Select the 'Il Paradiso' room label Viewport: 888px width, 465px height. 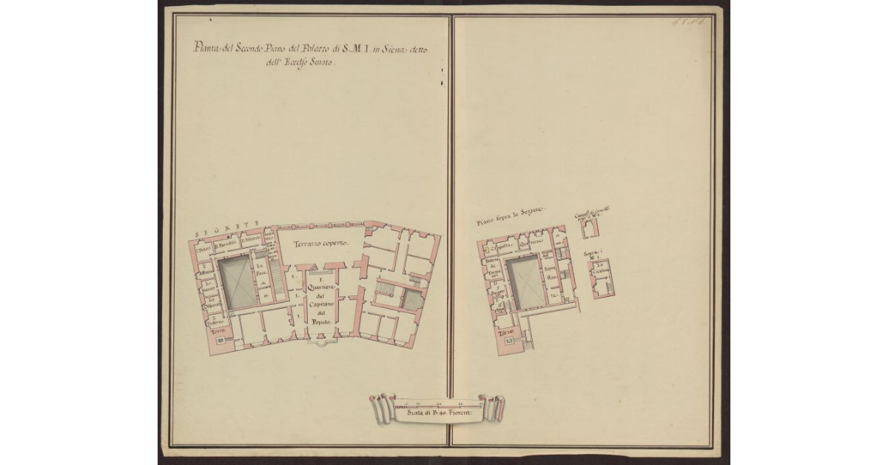coord(225,244)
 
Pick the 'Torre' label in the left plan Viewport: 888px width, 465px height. coord(218,332)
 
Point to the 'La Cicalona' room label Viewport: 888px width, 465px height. coord(600,271)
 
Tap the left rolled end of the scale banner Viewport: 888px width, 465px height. coord(380,407)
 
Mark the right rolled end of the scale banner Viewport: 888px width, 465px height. coord(491,407)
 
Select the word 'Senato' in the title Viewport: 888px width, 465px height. coord(322,64)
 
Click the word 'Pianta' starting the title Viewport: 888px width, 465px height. coord(205,50)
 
